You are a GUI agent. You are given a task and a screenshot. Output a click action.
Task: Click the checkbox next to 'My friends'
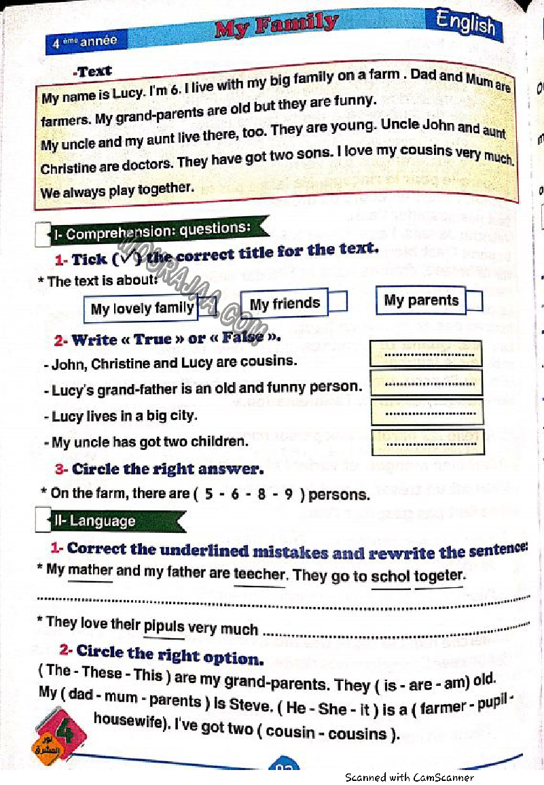click(338, 301)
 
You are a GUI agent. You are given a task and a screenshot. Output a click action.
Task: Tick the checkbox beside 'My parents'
click(475, 301)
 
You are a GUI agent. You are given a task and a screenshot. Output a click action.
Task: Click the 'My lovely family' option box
click(142, 309)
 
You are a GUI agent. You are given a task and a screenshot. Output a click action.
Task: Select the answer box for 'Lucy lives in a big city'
click(427, 413)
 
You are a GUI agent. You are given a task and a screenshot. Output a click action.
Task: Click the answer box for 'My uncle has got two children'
click(428, 442)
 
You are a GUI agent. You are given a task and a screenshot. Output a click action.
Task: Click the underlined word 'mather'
click(90, 570)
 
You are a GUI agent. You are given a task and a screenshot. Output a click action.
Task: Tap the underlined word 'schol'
click(391, 576)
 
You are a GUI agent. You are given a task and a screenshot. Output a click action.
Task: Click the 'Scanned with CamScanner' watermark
click(409, 777)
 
